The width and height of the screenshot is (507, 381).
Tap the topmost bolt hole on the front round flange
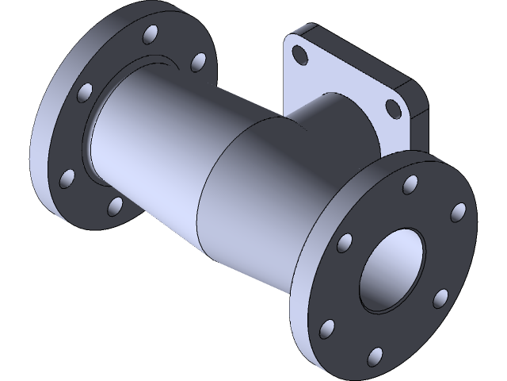tap(410, 184)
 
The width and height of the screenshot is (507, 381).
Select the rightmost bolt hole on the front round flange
tap(457, 213)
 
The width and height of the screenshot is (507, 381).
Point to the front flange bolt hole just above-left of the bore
tap(345, 242)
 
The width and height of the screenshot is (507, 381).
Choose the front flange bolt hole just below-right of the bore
tap(440, 298)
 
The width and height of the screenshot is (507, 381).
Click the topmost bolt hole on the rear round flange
tap(148, 36)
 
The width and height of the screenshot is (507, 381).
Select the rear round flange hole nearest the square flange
tap(199, 62)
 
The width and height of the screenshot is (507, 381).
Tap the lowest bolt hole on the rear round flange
tap(116, 206)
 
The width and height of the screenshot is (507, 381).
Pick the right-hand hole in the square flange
tap(392, 109)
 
